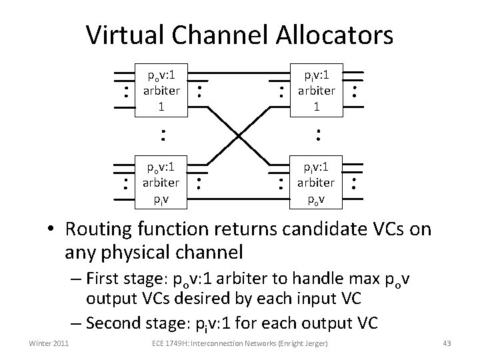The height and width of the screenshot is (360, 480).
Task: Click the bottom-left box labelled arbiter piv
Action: pyautogui.click(x=161, y=181)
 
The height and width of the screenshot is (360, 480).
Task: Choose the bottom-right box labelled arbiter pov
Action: pyautogui.click(x=317, y=181)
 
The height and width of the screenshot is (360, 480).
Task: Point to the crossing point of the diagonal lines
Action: pyautogui.click(x=239, y=135)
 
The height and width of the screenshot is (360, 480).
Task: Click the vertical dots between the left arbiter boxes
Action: pyautogui.click(x=161, y=135)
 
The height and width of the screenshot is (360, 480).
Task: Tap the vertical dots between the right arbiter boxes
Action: pyautogui.click(x=318, y=135)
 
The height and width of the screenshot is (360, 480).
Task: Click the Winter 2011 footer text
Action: pyautogui.click(x=49, y=343)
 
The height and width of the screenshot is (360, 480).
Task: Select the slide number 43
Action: pyautogui.click(x=447, y=343)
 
